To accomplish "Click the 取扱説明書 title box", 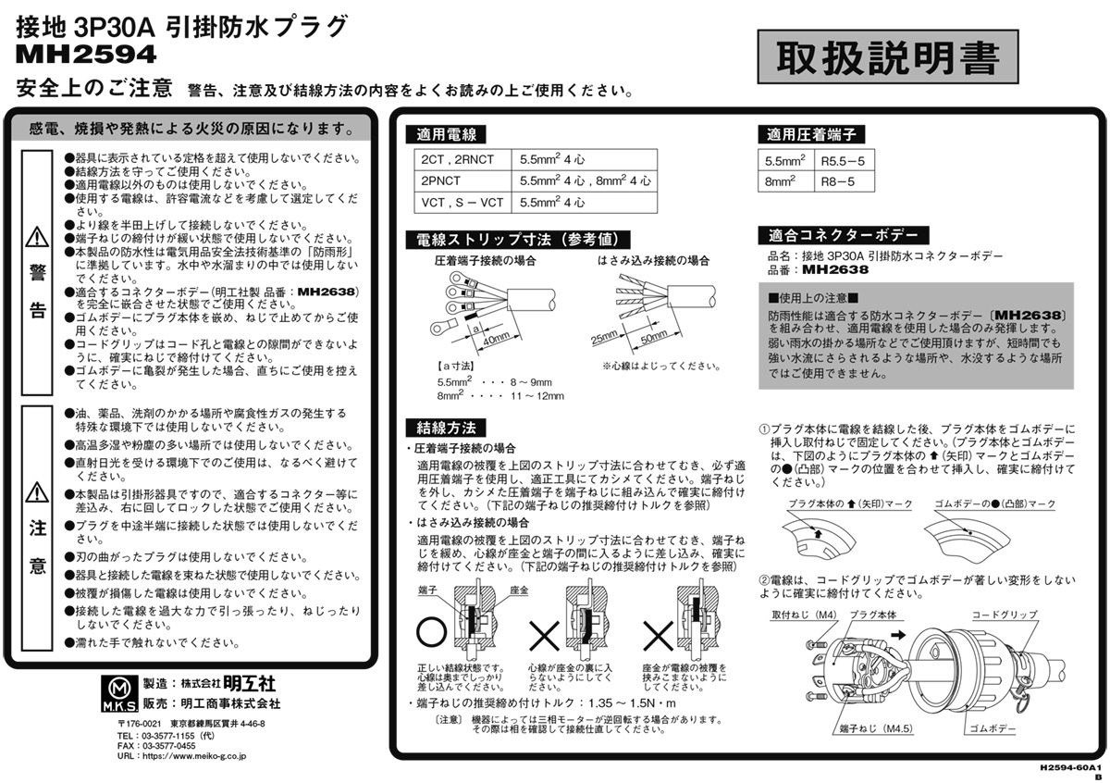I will [886, 58].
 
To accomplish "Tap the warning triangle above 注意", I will [37, 491].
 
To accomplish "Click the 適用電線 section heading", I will [447, 134].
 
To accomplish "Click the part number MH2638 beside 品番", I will [835, 270].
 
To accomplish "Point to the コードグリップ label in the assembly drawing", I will [1004, 615].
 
